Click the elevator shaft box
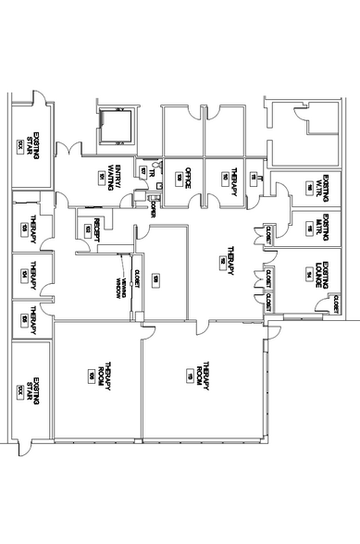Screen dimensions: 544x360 [116, 127]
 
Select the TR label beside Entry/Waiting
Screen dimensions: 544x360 [141, 171]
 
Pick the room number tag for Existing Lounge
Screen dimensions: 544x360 [306, 274]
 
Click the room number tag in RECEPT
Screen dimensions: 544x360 [88, 228]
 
